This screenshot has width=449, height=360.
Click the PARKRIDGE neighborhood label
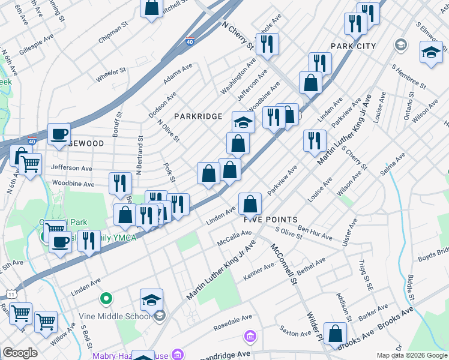coord(198,116)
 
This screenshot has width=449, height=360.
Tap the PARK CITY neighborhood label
coord(353,46)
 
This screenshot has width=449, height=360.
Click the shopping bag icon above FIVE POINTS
coord(250,204)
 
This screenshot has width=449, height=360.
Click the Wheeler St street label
coord(111,74)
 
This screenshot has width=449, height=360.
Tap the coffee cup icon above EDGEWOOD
coord(59,134)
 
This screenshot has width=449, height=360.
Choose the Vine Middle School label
coord(122,316)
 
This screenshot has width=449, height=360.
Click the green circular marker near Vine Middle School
coord(106,298)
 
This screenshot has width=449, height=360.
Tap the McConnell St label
coord(283,263)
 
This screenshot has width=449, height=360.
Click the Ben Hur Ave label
coord(315,233)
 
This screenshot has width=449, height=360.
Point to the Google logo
coord(20,353)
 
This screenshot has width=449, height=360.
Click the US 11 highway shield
coord(11,293)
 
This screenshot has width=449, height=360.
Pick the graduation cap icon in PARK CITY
coord(430,53)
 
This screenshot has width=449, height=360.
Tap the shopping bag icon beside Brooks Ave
coord(335,334)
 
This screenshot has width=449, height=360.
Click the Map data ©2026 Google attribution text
coord(411,355)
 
